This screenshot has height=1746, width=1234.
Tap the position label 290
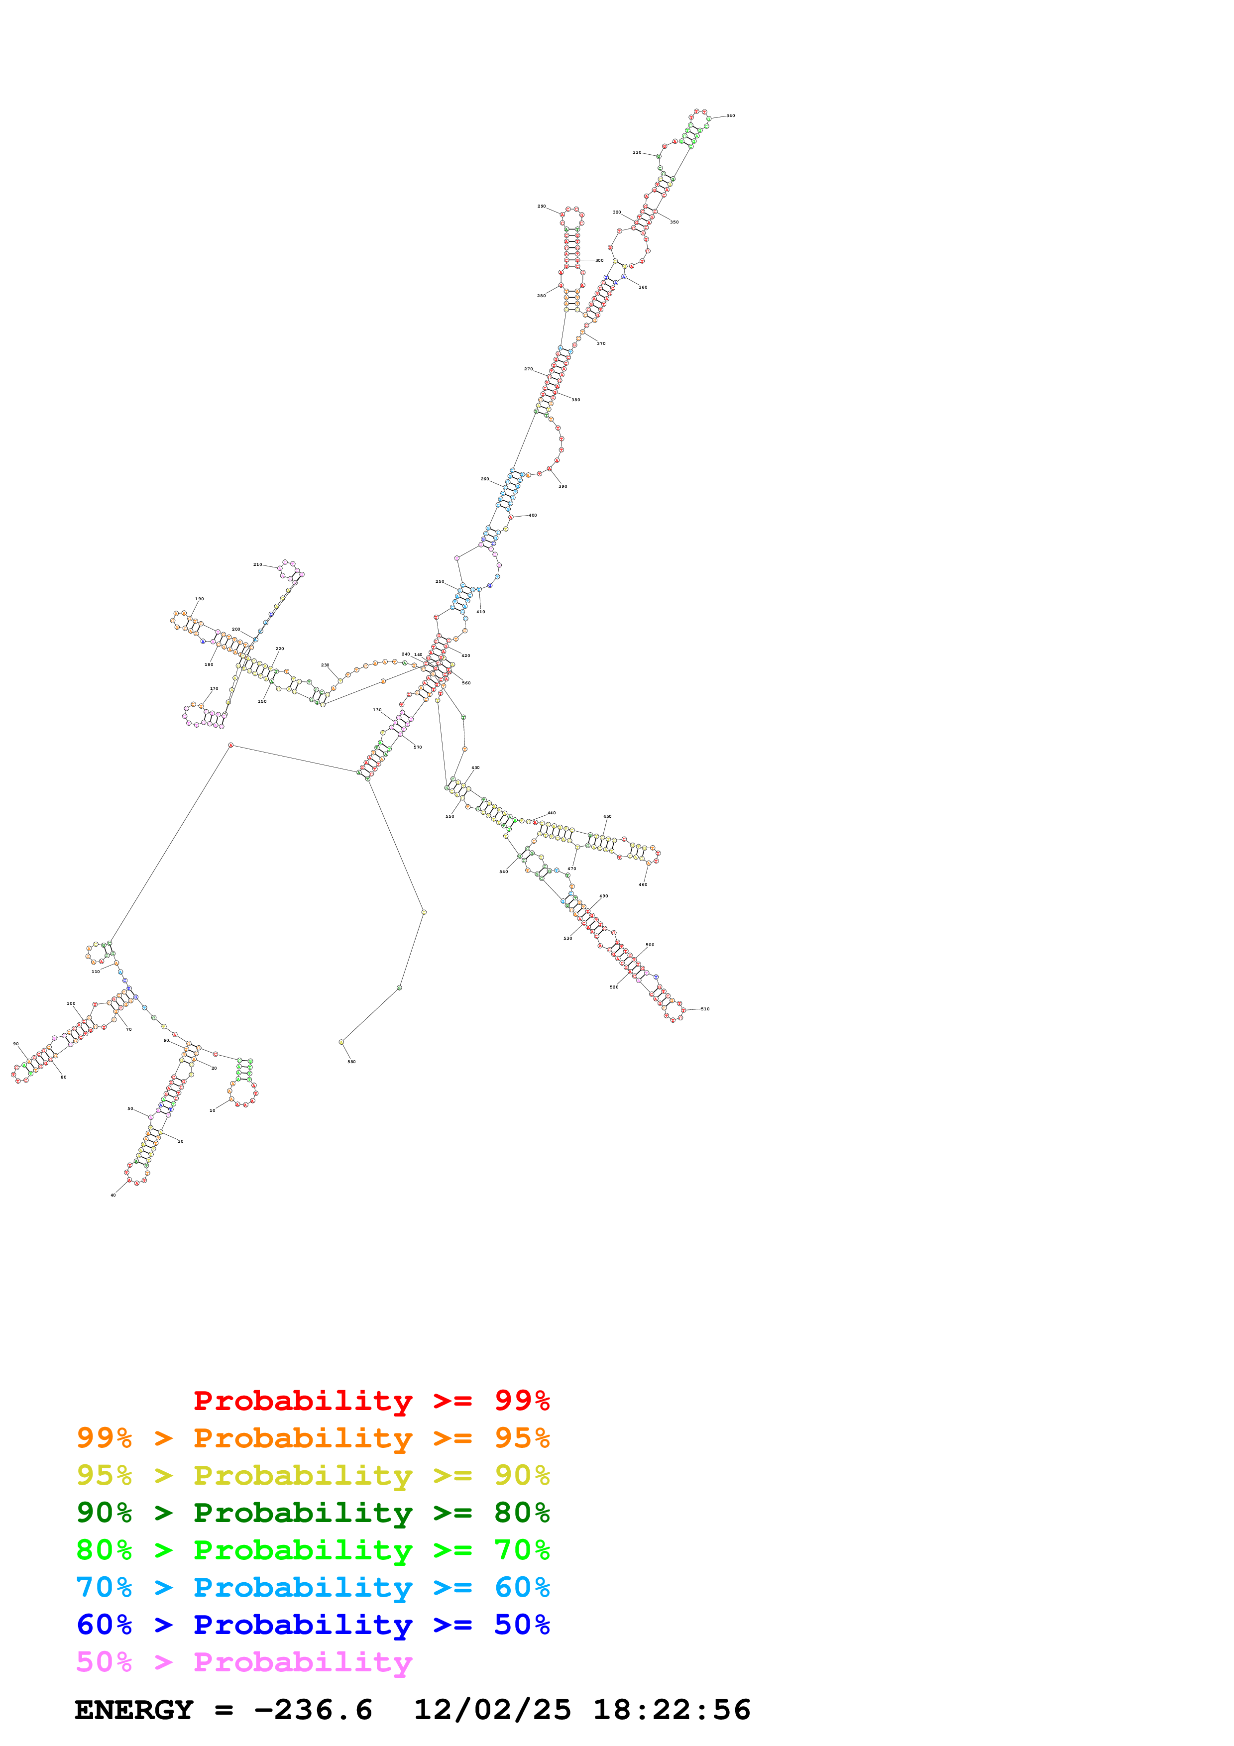pos(542,206)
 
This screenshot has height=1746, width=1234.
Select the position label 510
pos(705,1009)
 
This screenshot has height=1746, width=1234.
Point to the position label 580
pos(351,1062)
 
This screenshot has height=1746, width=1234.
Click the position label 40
pos(113,1195)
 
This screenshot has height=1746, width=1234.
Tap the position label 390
pos(562,486)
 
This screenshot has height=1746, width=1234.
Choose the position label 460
pos(643,884)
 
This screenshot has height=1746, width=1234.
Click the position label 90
pos(16,1044)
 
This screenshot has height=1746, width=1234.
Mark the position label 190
pos(199,598)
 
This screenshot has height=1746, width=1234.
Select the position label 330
pos(637,152)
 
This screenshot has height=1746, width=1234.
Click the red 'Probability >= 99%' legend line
pos(371,1400)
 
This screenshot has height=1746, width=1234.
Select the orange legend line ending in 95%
pos(313,1437)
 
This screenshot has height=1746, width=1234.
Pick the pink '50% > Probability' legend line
pos(244,1661)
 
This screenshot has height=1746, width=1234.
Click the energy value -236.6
pos(313,1710)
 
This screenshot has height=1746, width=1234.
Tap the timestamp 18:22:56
pos(672,1710)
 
